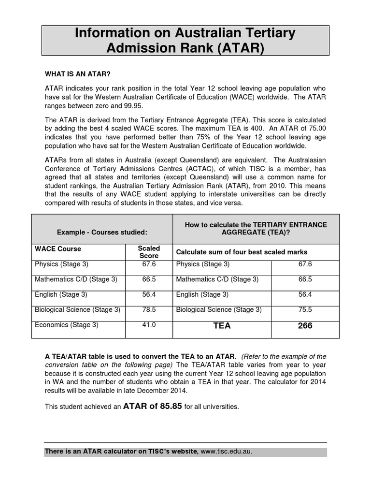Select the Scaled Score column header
(149, 252)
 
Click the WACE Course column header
(58, 248)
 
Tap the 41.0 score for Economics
(149, 325)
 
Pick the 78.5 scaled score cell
(149, 309)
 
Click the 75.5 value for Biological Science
(305, 309)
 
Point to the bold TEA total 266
(305, 326)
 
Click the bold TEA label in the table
(222, 326)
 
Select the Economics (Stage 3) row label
(66, 325)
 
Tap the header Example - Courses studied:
(102, 232)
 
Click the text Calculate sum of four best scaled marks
(242, 252)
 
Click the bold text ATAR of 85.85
(153, 406)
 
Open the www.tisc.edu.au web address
(226, 451)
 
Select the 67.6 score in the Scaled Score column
(149, 264)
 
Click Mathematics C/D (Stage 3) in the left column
(76, 279)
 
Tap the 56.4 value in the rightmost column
(305, 294)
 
